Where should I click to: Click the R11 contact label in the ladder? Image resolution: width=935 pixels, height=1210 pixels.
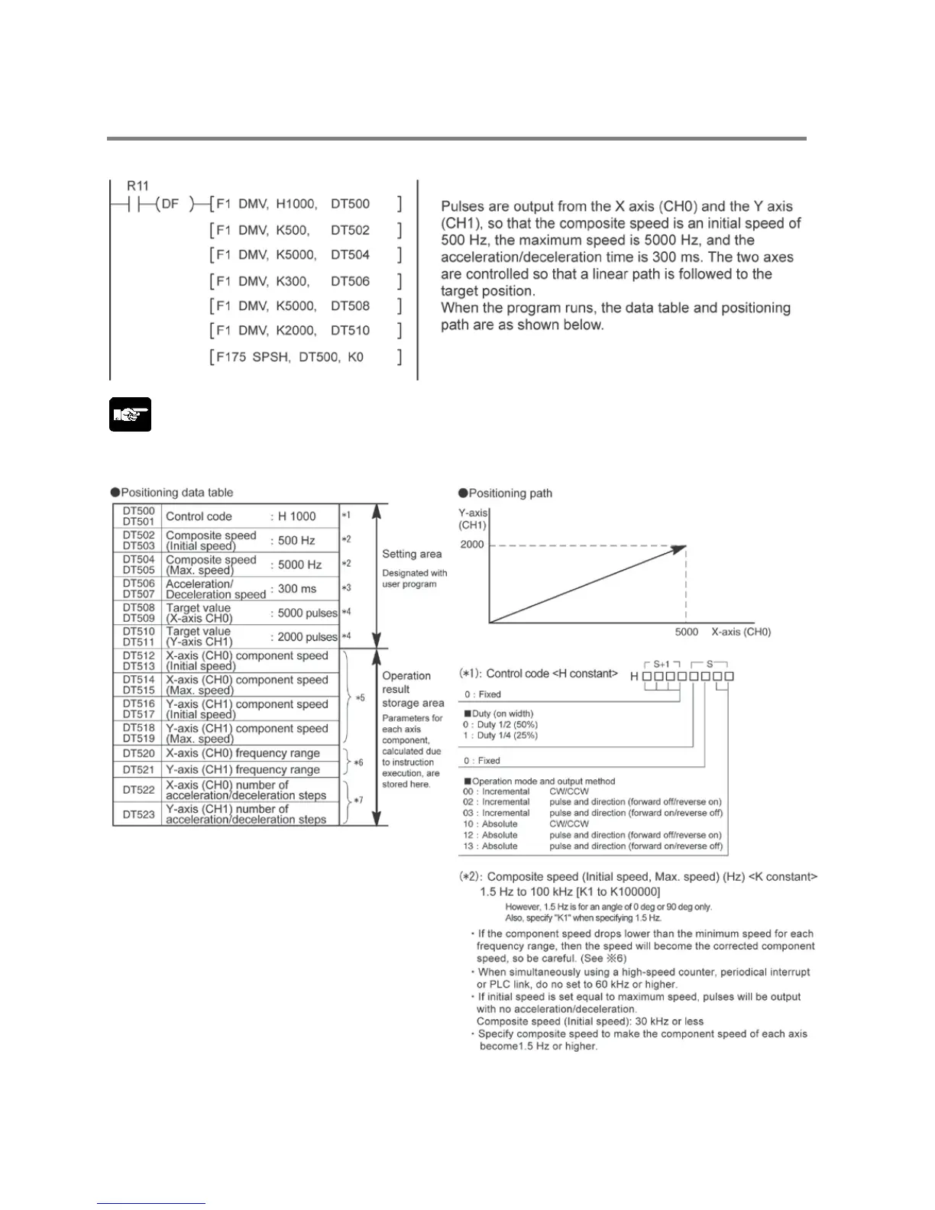pyautogui.click(x=138, y=186)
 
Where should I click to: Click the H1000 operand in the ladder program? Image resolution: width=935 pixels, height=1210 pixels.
pyautogui.click(x=296, y=204)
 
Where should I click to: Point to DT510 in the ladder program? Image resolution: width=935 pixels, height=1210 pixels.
pyautogui.click(x=350, y=330)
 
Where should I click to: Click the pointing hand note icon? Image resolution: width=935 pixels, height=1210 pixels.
pyautogui.click(x=130, y=415)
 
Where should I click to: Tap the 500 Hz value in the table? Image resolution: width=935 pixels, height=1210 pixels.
pyautogui.click(x=296, y=540)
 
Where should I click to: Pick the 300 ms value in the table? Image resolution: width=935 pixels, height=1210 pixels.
pyautogui.click(x=297, y=588)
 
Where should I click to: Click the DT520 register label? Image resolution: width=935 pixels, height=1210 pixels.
pyautogui.click(x=138, y=753)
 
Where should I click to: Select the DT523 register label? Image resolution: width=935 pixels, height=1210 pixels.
pyautogui.click(x=138, y=814)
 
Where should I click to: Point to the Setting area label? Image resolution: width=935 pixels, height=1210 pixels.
pyautogui.click(x=412, y=554)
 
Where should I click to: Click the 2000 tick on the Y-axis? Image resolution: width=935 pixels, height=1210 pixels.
pyautogui.click(x=472, y=545)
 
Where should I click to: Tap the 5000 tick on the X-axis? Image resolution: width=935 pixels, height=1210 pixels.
pyautogui.click(x=687, y=632)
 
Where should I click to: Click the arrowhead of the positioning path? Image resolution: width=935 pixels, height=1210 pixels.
pyautogui.click(x=679, y=548)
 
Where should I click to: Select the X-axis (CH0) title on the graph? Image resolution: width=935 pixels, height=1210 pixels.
pyautogui.click(x=741, y=632)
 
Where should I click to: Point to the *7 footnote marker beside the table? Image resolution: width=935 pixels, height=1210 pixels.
pyautogui.click(x=358, y=800)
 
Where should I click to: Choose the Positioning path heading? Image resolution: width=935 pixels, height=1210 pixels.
pyautogui.click(x=510, y=493)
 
